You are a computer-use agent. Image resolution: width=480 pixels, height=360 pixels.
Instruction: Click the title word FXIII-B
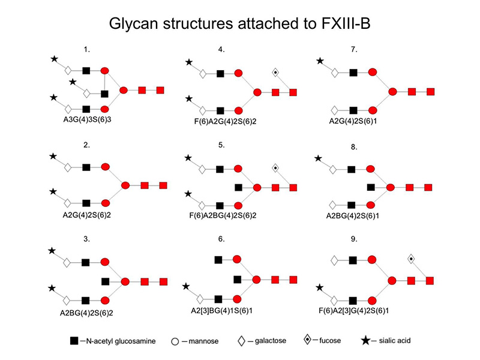tap(339, 25)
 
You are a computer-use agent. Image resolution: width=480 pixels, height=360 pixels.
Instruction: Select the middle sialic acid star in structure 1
tap(73, 82)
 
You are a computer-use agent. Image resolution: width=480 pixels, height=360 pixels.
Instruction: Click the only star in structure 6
tap(187, 286)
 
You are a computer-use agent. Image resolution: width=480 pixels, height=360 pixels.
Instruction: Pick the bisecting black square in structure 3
tap(105, 281)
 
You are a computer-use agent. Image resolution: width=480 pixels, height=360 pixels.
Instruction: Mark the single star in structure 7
tap(320, 61)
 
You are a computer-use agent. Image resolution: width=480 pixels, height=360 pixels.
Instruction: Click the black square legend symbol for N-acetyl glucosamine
tap(74, 341)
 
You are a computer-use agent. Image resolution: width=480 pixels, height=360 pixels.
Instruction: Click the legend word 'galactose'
tap(268, 341)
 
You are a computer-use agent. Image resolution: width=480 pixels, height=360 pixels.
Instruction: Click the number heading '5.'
tap(221, 145)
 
